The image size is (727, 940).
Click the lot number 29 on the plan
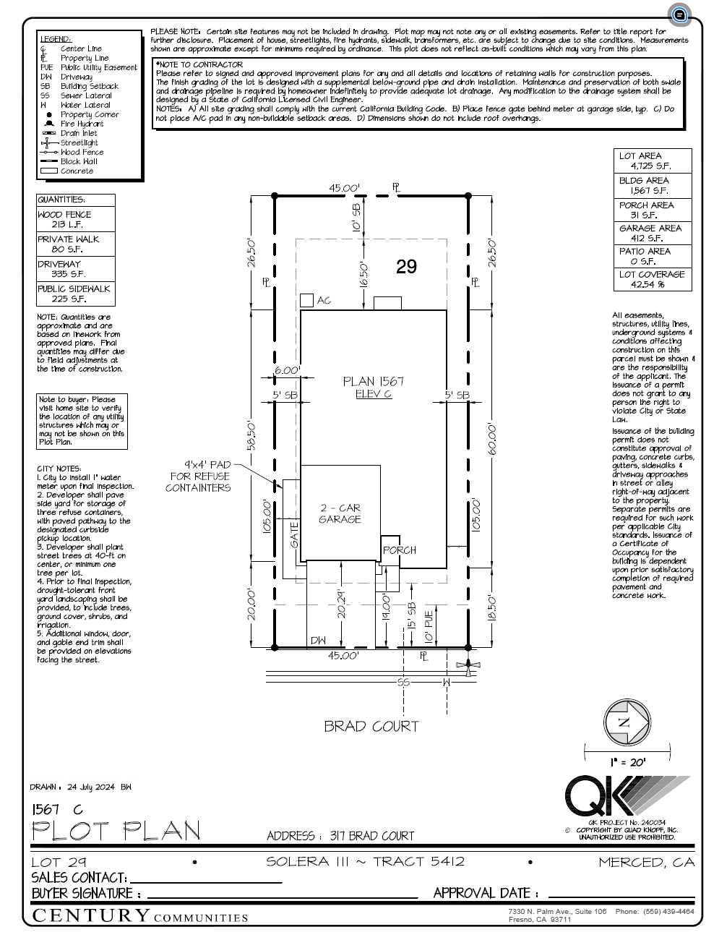coord(406,267)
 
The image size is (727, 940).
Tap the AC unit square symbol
coord(306,300)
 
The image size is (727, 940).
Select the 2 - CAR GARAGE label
coord(340,513)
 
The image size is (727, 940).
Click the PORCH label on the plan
coord(399,550)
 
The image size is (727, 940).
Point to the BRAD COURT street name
coord(371,726)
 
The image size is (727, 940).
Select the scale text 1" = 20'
coord(627,762)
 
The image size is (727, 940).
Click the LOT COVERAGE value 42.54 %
coord(648,285)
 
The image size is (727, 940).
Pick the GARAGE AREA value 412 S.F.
coord(646,238)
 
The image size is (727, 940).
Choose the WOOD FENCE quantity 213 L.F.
coord(66,225)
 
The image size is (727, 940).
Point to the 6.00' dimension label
coord(286,370)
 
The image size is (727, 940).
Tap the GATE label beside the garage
coord(294,535)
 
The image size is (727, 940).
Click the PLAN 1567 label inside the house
coord(373,381)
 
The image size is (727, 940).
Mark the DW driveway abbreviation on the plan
coord(318,641)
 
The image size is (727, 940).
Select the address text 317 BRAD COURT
coord(372,836)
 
